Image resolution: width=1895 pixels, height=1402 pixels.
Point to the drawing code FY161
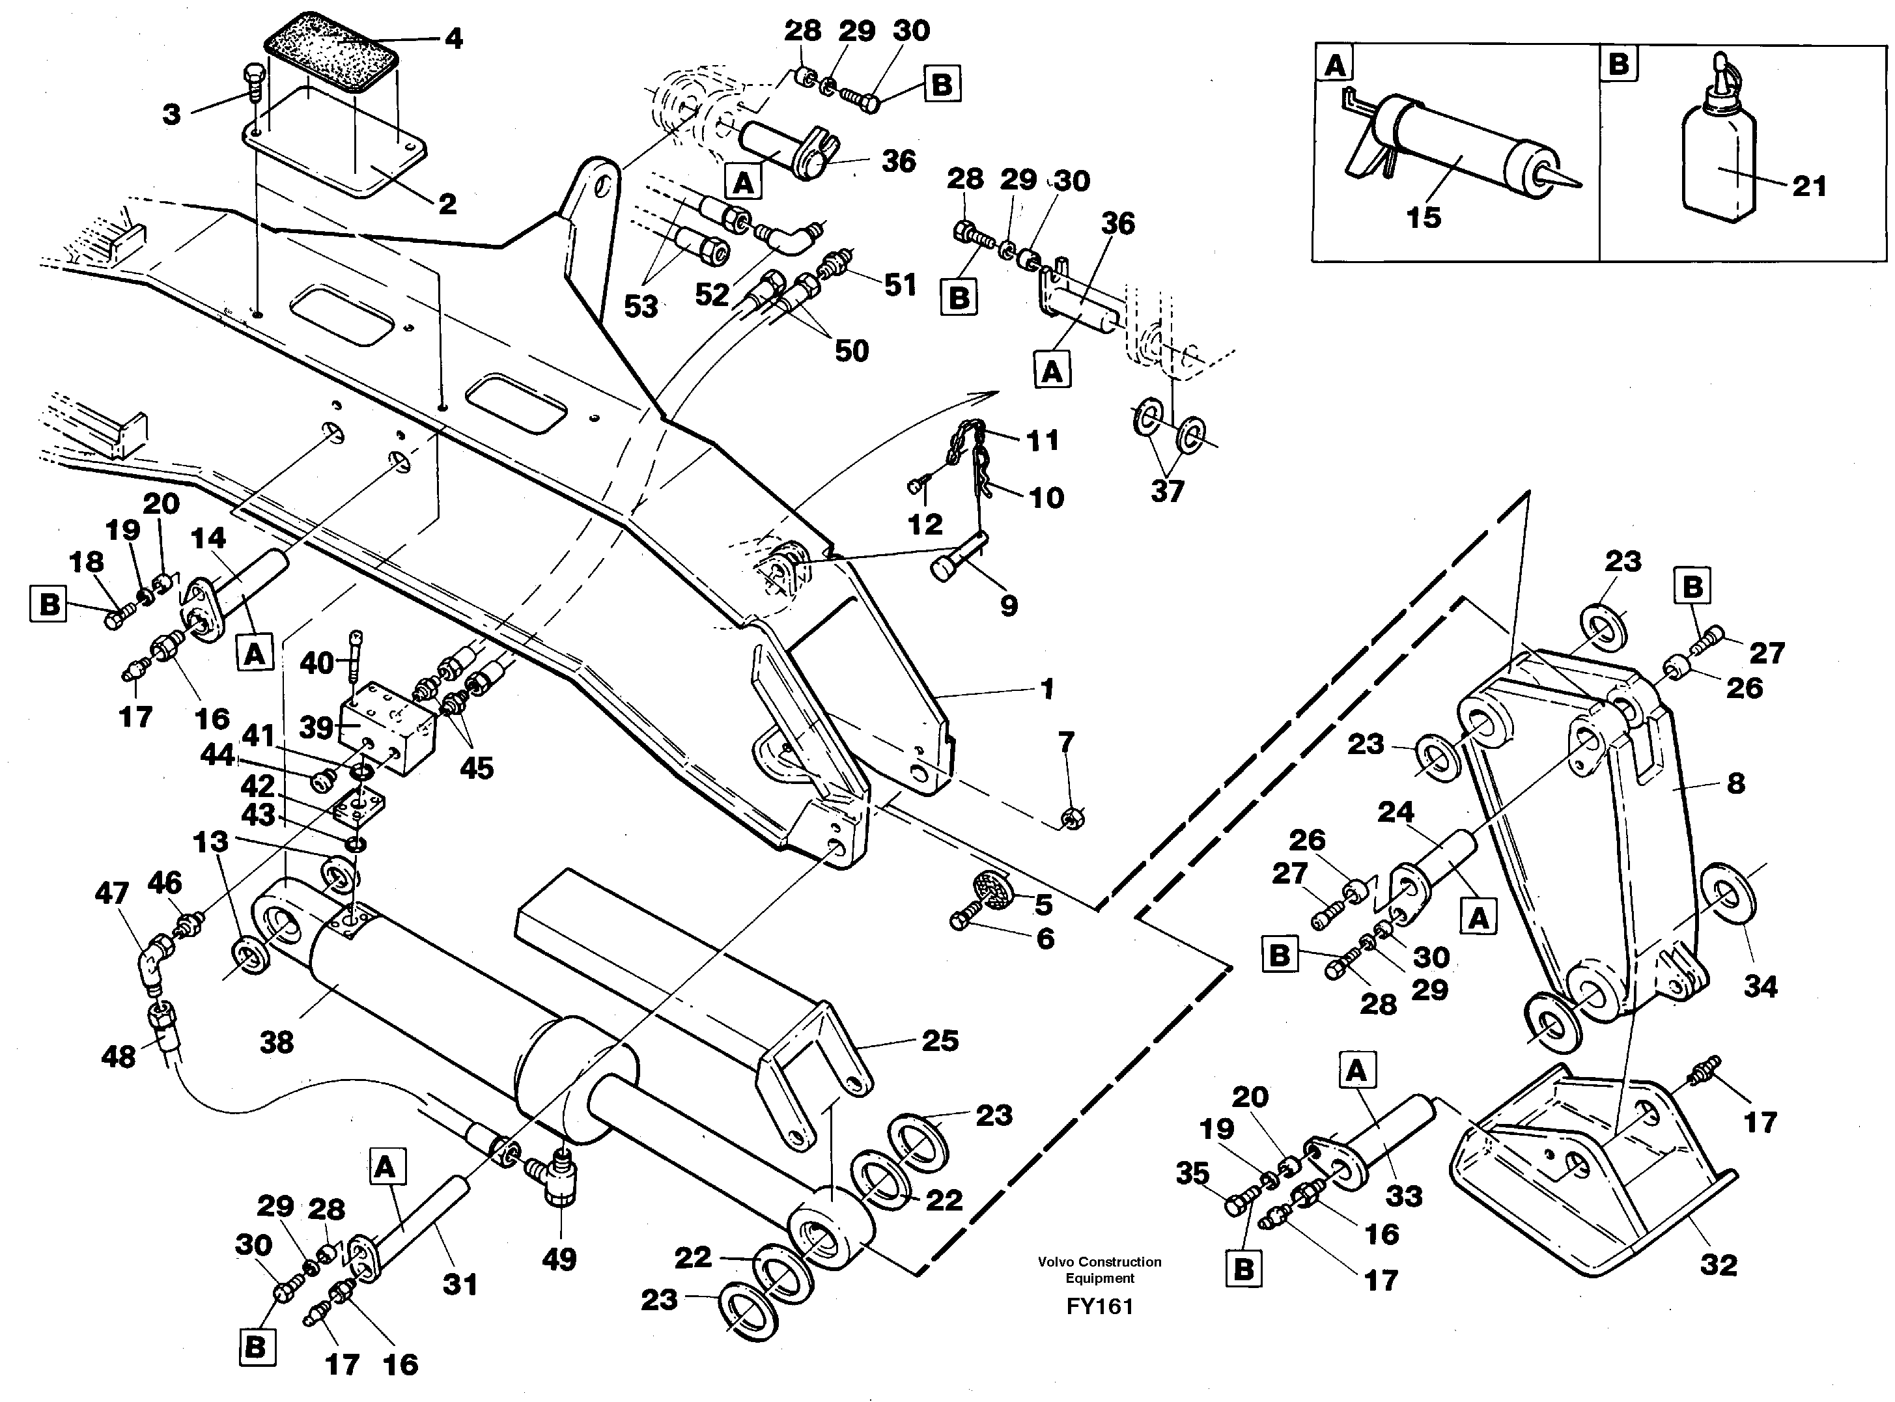coord(1100,1306)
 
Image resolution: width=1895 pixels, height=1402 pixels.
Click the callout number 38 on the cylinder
coord(277,1041)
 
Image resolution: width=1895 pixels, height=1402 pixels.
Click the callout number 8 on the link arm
coord(1735,783)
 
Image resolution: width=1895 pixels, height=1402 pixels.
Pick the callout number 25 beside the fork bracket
coord(940,1041)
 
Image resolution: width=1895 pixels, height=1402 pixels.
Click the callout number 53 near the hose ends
coord(640,306)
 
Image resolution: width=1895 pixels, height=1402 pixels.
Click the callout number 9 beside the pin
coord(1008,605)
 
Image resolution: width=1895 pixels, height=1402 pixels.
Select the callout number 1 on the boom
coord(1046,688)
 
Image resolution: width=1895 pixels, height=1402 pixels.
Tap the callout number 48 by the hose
coord(118,1057)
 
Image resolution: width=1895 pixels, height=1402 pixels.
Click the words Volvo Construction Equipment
coord(1099,1270)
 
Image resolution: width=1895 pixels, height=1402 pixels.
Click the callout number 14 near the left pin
coord(208,537)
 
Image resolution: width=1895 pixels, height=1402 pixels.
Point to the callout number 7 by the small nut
coord(1066,742)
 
